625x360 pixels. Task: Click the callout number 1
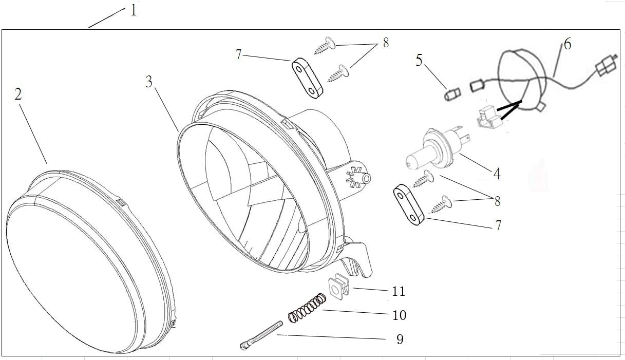[134, 10]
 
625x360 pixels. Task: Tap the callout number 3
[149, 81]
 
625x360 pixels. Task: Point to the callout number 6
[567, 44]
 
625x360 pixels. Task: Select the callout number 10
[399, 315]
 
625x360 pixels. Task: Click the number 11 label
[399, 291]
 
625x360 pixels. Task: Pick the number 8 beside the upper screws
[386, 43]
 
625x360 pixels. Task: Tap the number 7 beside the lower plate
[498, 225]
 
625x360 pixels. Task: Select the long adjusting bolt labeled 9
[261, 335]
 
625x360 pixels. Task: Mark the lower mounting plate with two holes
[409, 205]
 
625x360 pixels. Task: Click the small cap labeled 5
[451, 94]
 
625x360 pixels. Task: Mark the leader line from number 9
[334, 337]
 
